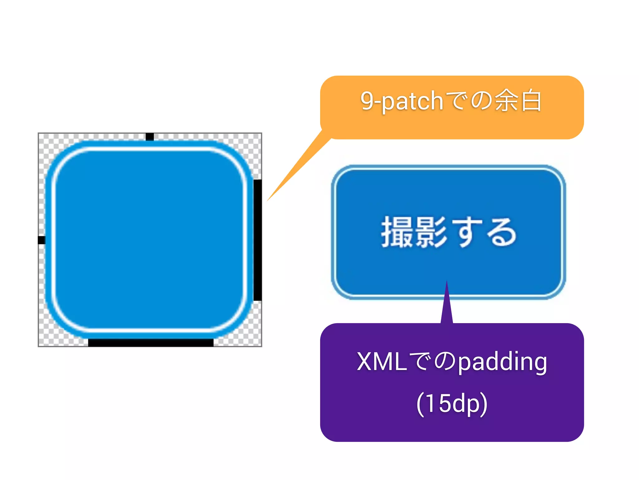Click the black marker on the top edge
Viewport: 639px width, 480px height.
tap(150, 137)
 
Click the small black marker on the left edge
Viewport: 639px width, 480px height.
tap(41, 240)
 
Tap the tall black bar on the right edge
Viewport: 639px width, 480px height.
tap(257, 240)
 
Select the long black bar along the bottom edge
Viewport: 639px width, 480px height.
tap(151, 342)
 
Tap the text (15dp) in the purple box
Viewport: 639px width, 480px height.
tap(452, 403)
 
